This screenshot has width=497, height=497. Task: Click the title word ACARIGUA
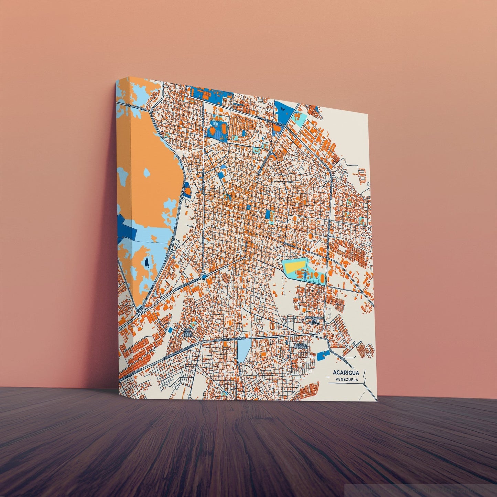pos(346,372)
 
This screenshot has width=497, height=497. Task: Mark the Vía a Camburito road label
pos(138,107)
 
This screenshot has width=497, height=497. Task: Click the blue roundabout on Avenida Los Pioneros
pos(204,276)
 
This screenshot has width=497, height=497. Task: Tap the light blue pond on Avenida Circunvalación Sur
pos(244,350)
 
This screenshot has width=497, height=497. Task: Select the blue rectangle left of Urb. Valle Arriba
pos(171,330)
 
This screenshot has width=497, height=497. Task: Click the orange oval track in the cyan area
pos(322,278)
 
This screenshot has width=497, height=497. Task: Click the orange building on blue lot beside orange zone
pos(187,191)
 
